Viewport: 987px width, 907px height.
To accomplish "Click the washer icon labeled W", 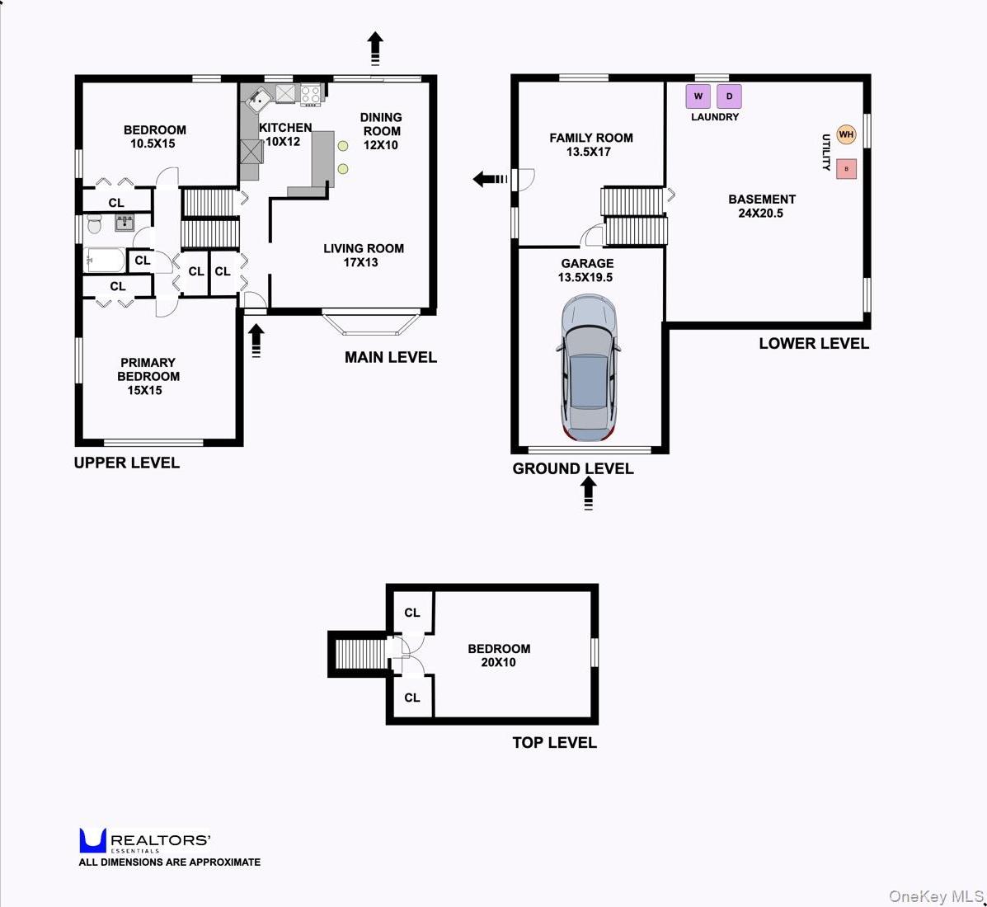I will click(698, 96).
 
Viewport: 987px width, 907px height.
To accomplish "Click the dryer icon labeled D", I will click(729, 96).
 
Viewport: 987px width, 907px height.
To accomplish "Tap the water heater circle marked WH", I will click(846, 134).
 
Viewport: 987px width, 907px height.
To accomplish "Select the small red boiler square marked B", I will click(846, 169).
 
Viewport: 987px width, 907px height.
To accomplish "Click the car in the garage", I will click(589, 368).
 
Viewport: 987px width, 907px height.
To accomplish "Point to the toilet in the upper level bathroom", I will click(94, 223).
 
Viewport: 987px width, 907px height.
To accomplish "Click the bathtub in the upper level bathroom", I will click(105, 261).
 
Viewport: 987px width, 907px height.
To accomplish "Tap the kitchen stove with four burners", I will click(310, 94).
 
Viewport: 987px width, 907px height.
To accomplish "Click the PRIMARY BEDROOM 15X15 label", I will click(148, 376).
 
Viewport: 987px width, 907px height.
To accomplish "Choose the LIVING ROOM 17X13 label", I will click(363, 255).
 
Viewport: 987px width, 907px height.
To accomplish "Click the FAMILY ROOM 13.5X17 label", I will click(590, 144).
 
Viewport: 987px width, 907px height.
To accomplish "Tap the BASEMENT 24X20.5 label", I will click(761, 205).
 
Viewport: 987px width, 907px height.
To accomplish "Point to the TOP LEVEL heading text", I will click(554, 742).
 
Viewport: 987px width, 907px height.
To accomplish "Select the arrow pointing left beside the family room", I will click(490, 179).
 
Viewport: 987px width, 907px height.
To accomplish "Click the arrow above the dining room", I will click(375, 48).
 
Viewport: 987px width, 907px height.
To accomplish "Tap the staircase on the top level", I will click(360, 655).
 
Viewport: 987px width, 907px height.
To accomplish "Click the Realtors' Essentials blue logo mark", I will click(92, 840).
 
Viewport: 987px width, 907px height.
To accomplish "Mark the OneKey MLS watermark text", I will click(935, 896).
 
